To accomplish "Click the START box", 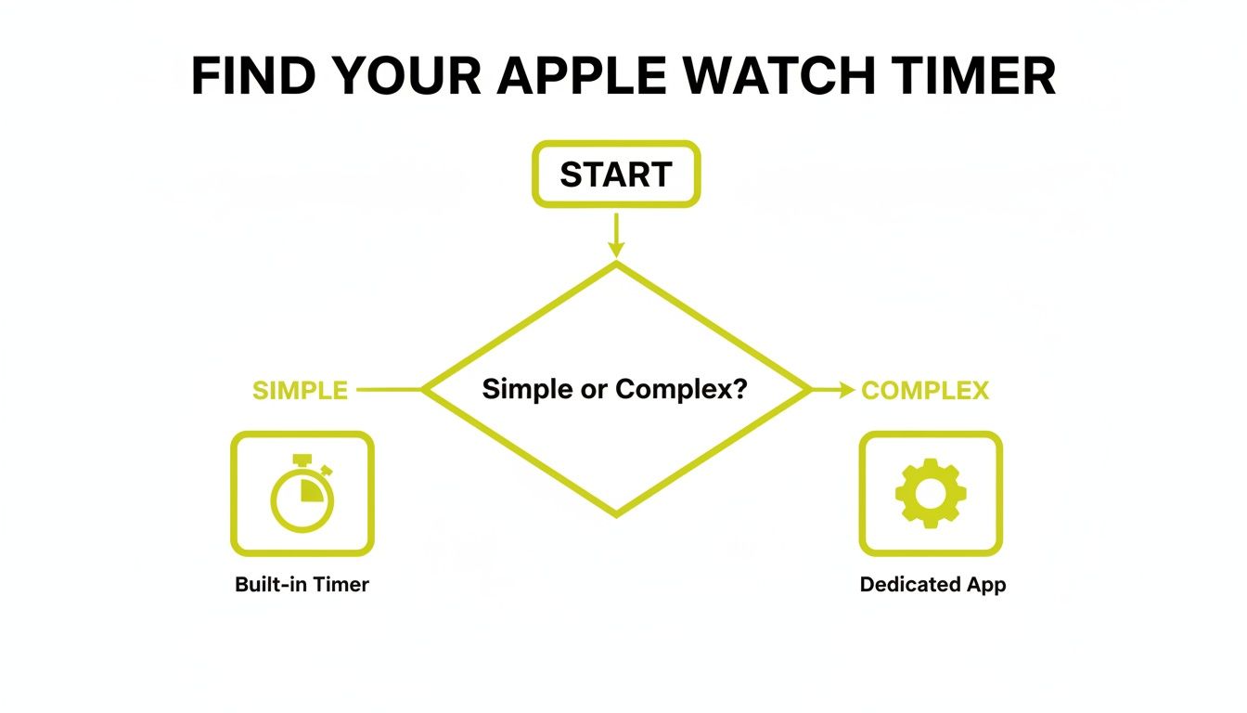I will pos(615,175).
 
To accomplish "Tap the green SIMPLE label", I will pos(300,391).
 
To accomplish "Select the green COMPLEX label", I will pos(925,391).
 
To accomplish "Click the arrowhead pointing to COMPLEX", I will pos(846,391).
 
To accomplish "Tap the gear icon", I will pos(931,493).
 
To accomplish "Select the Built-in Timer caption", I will pos(302,585).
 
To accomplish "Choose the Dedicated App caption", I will pos(932,585).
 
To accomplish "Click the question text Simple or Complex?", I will pos(615,390).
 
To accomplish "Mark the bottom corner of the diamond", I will pos(616,513).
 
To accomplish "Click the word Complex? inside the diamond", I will pos(681,390).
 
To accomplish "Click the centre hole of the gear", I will pos(931,493).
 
